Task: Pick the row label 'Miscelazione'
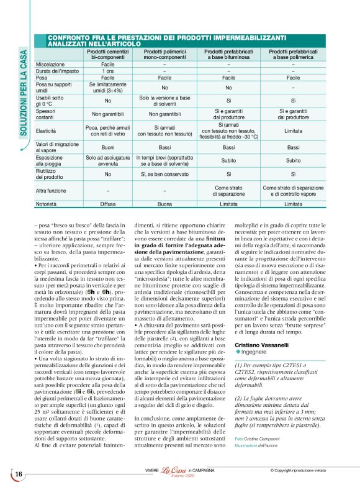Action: click(50, 64)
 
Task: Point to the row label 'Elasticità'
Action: click(47, 131)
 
